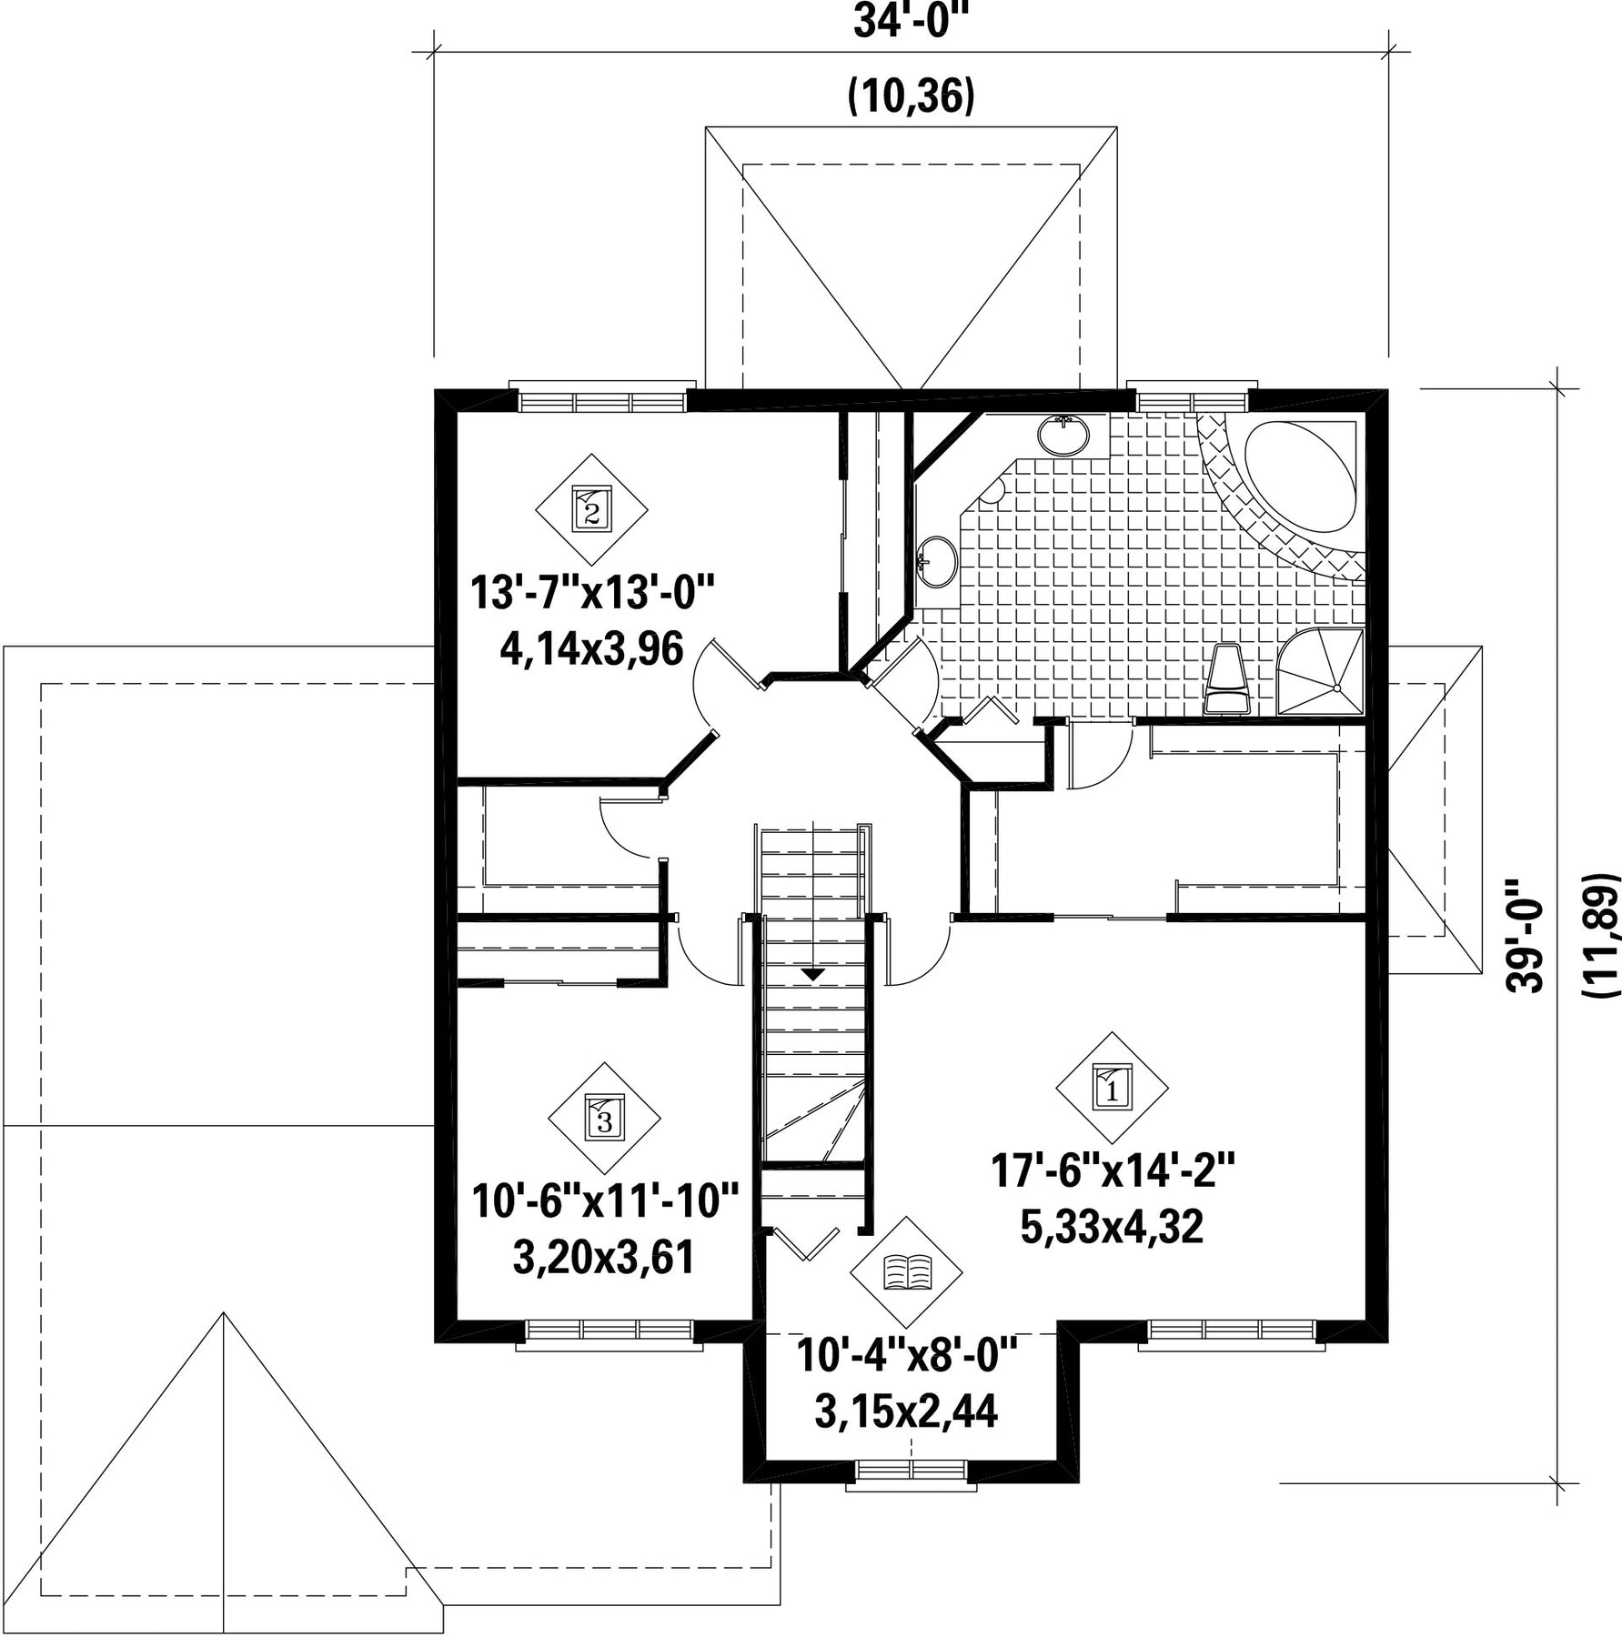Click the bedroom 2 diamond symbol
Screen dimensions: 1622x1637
click(591, 509)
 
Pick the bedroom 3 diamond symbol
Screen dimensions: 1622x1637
click(605, 1118)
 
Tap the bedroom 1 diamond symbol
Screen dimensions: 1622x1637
click(1112, 1087)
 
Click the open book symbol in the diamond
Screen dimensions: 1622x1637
click(906, 1272)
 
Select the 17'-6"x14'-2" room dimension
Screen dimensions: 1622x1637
click(1112, 1170)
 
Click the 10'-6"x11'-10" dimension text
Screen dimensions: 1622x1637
click(605, 1201)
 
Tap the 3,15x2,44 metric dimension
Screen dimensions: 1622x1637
click(906, 1412)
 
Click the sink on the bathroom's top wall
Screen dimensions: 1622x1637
click(1063, 435)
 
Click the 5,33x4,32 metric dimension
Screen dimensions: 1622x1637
click(1112, 1227)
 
